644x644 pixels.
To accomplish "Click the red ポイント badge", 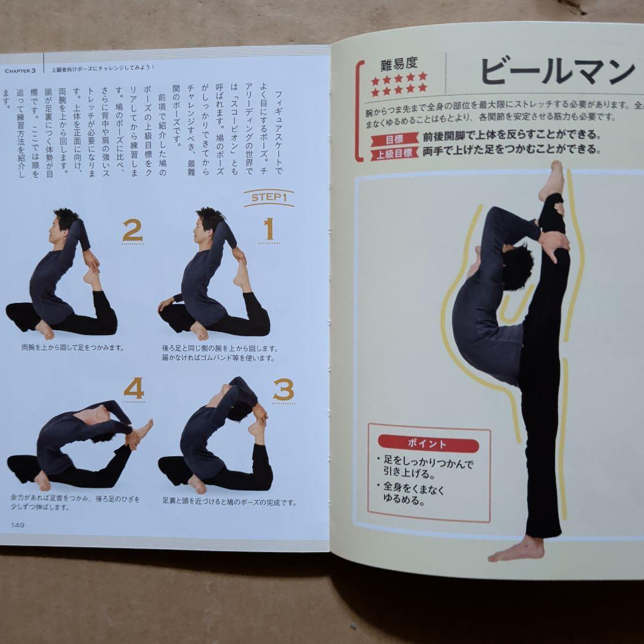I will click(x=427, y=445).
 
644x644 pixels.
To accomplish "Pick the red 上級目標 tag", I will click(x=394, y=154).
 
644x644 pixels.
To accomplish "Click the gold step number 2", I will click(x=132, y=231).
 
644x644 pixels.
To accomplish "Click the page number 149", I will click(x=17, y=524).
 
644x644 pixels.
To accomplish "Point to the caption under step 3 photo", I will click(x=229, y=502).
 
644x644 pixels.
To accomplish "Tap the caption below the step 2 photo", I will click(x=63, y=345).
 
